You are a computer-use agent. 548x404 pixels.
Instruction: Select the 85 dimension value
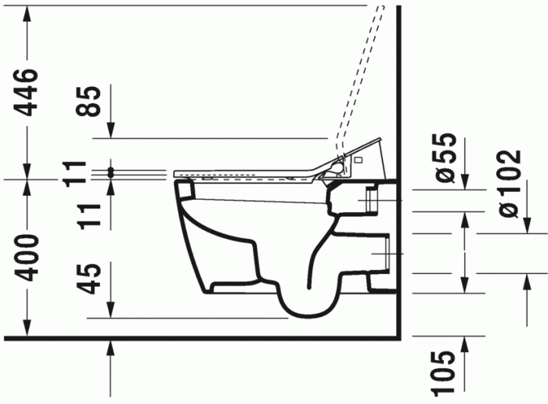92,99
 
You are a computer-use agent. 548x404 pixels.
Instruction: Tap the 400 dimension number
27,257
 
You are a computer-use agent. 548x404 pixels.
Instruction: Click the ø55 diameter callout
444,157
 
